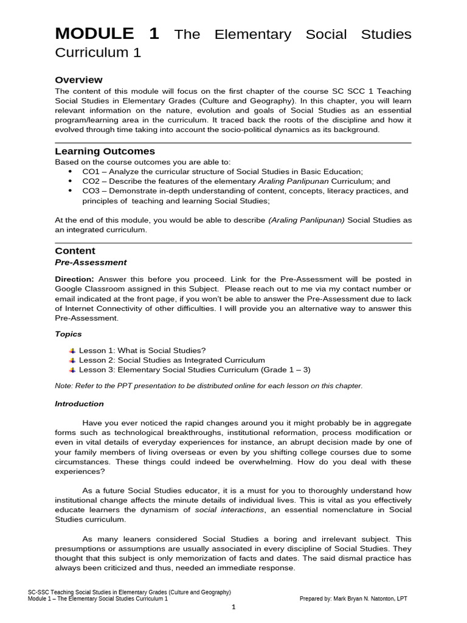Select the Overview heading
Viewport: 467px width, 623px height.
(78, 80)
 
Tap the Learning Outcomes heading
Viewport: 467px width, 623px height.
(105, 151)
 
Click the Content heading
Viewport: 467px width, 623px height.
(75, 251)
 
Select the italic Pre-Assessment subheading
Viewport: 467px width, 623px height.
(91, 262)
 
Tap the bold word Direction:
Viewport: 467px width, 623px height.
(75, 279)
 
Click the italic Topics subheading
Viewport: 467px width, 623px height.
(68, 334)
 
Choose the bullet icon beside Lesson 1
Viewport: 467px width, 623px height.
(72, 350)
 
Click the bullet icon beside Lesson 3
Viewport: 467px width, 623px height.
(72, 370)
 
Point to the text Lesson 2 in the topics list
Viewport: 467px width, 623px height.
(95, 360)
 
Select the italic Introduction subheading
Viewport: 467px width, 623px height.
(79, 403)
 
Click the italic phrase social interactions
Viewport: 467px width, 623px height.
(229, 509)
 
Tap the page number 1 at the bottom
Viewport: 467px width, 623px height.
(234, 607)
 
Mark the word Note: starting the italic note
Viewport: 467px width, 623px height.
(64, 386)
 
